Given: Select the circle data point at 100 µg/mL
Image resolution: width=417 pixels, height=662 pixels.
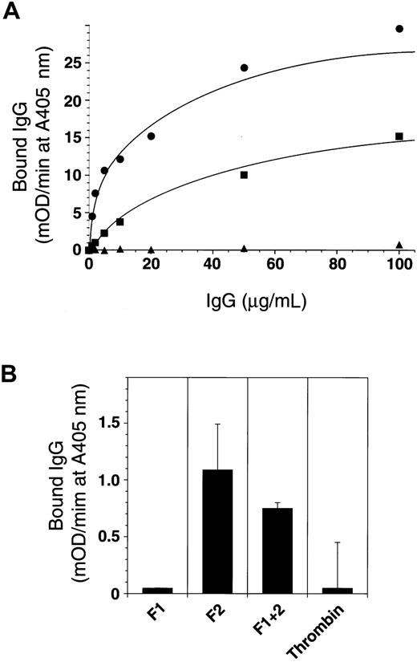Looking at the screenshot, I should click(399, 29).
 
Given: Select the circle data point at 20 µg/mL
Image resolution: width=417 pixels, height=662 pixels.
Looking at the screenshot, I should click(151, 136).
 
